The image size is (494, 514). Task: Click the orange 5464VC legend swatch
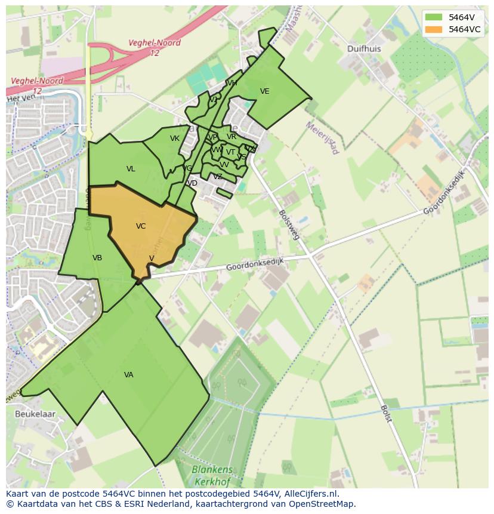coord(434,29)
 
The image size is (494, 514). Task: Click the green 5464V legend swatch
coord(434,17)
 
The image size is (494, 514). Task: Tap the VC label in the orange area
coord(141,226)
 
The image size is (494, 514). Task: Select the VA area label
coord(129,375)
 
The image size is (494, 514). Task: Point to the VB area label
coord(97,258)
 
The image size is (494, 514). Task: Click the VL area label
coord(131,169)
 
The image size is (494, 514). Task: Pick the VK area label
coord(175,138)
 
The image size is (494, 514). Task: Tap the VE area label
coord(265,91)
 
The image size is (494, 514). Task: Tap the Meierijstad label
coord(322,138)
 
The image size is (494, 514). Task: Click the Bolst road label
coord(386,413)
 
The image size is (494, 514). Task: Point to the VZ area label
coord(218,177)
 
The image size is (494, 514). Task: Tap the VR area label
coord(231,137)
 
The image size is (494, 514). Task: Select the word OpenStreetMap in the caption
coord(323,504)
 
